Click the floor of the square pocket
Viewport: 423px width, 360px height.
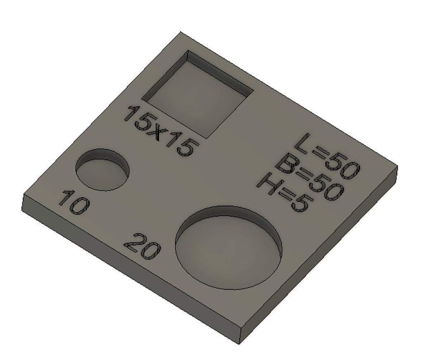(194, 101)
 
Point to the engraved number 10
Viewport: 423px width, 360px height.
(74, 202)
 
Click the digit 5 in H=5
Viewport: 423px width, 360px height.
(299, 204)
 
